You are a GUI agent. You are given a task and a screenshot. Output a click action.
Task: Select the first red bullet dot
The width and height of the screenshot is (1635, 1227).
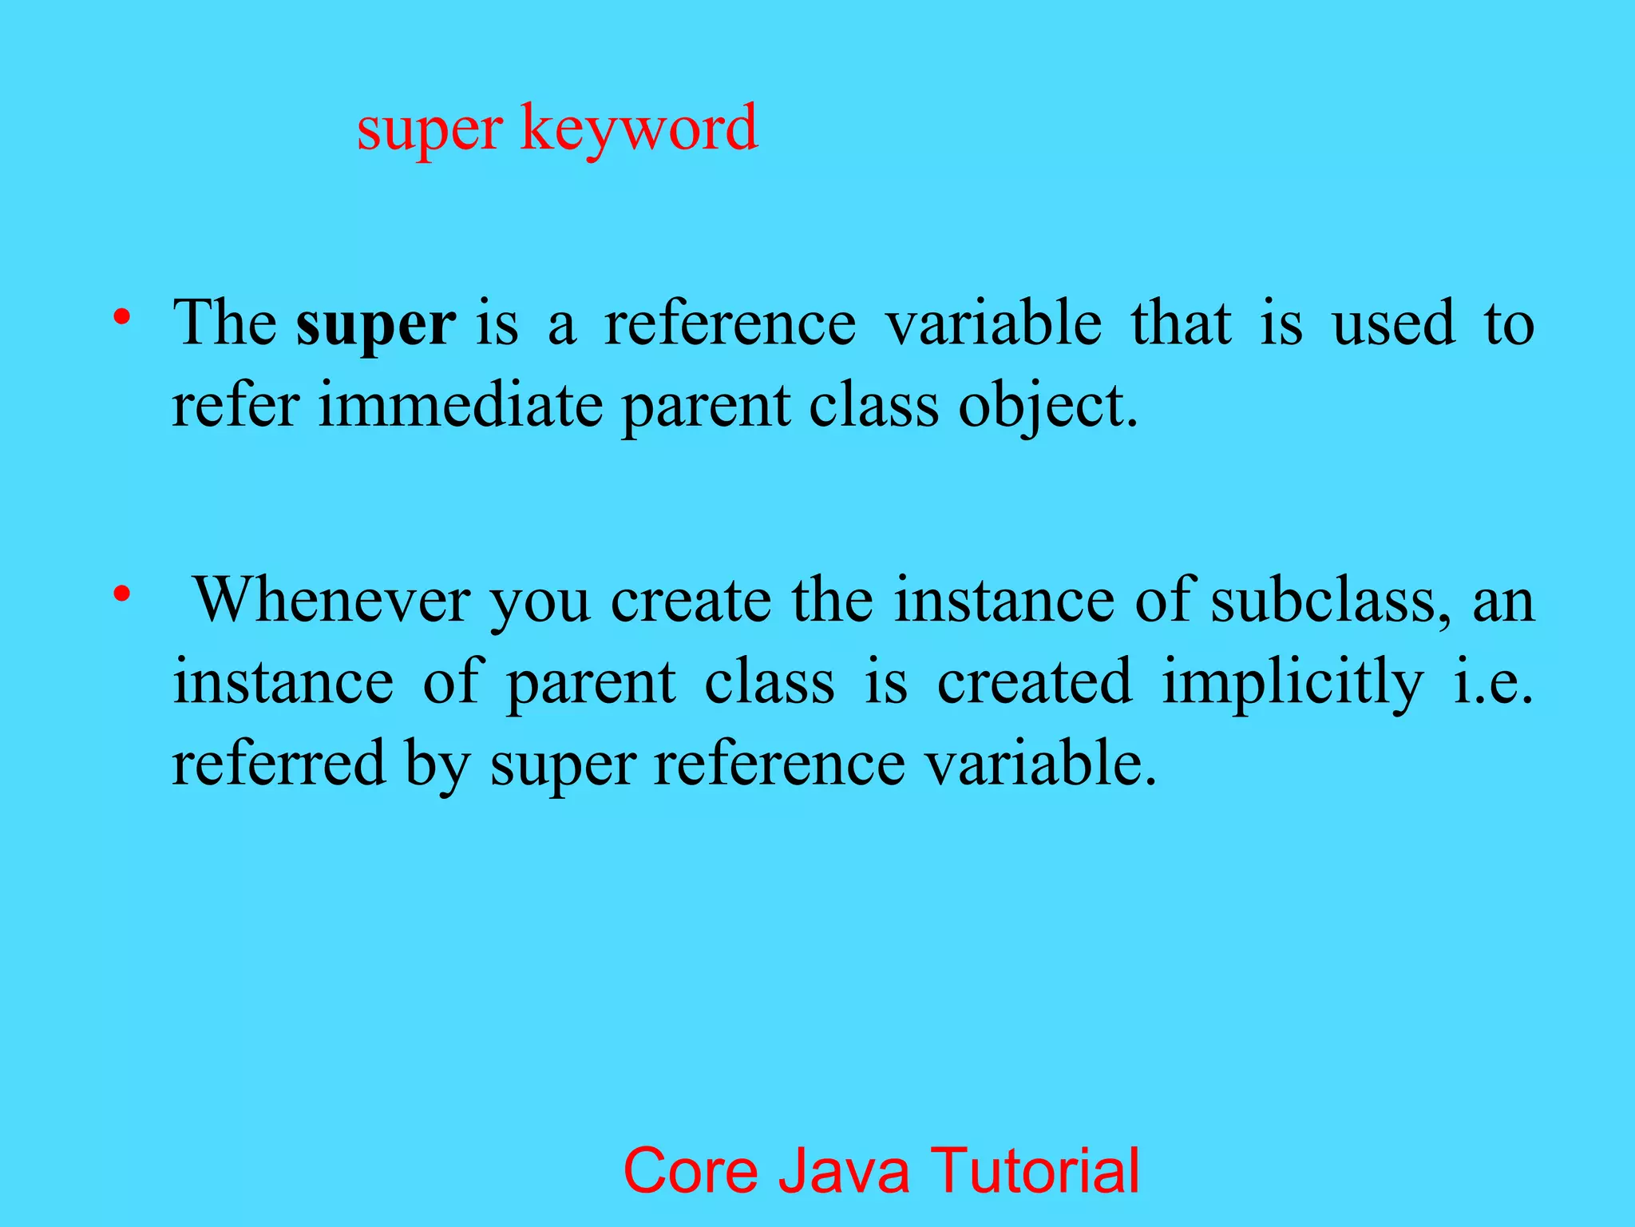pos(121,317)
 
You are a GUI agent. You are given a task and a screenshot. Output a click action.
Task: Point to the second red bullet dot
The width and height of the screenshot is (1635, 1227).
pos(121,594)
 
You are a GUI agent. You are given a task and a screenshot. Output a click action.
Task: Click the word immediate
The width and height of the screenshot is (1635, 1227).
pos(460,406)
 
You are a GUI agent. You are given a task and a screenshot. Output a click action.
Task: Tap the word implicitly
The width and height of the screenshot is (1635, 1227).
pos(1292,684)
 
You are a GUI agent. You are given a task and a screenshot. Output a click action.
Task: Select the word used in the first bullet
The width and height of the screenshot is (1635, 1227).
pos(1393,324)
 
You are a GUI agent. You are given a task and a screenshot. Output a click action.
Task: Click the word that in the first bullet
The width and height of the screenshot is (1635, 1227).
pos(1181,324)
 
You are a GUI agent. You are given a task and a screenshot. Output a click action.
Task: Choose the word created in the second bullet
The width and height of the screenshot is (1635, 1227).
pos(1034,682)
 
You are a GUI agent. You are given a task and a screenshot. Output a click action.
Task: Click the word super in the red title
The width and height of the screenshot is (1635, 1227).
pos(430,129)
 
